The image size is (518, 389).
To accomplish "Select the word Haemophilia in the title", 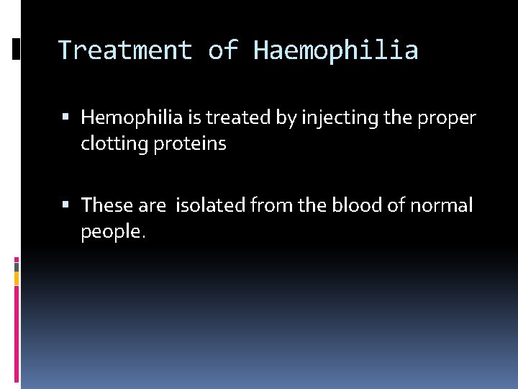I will (335, 50).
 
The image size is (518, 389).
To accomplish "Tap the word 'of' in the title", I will (222, 50).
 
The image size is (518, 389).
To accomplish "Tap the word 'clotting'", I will (112, 144).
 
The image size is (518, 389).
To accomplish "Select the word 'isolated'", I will (210, 206).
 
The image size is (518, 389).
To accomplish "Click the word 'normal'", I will (441, 206).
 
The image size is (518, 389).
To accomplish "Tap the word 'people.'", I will (113, 232).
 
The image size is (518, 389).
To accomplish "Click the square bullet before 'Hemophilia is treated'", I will (66, 117).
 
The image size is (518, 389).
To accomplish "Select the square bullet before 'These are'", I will (66, 206).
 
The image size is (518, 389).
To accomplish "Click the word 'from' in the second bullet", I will (271, 206).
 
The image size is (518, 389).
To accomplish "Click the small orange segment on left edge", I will (17, 278).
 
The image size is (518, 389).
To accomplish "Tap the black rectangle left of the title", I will (17, 48).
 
